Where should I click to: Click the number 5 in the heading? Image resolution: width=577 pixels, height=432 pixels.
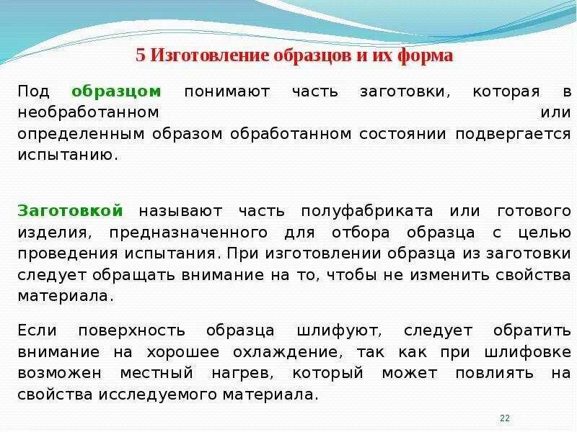click(141, 56)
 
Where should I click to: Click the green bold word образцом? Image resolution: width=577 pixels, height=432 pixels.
click(116, 92)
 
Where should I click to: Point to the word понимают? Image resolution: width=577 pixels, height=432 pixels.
click(227, 92)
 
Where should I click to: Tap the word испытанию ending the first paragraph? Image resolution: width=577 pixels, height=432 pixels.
click(67, 155)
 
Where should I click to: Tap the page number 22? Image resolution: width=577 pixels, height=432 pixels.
click(505, 418)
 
